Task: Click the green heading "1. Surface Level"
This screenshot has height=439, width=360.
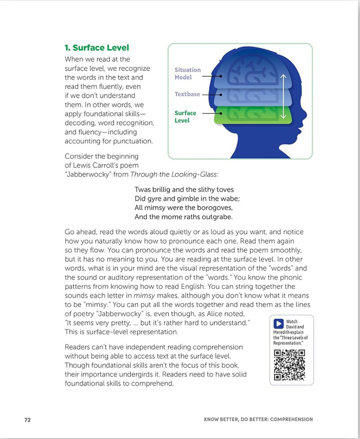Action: (97, 48)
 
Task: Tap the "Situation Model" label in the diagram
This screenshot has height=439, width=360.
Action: (187, 74)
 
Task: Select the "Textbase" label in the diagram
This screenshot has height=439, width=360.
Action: (187, 94)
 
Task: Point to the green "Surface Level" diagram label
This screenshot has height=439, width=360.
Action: (185, 117)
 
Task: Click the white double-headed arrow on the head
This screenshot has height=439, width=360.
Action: (282, 97)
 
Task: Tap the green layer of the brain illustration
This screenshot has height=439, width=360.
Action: (252, 114)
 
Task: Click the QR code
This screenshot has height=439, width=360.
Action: (289, 365)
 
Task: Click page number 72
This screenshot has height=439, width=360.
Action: (27, 420)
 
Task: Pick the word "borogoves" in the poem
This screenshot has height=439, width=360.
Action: (216, 208)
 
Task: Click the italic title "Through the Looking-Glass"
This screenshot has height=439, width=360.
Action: (174, 175)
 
